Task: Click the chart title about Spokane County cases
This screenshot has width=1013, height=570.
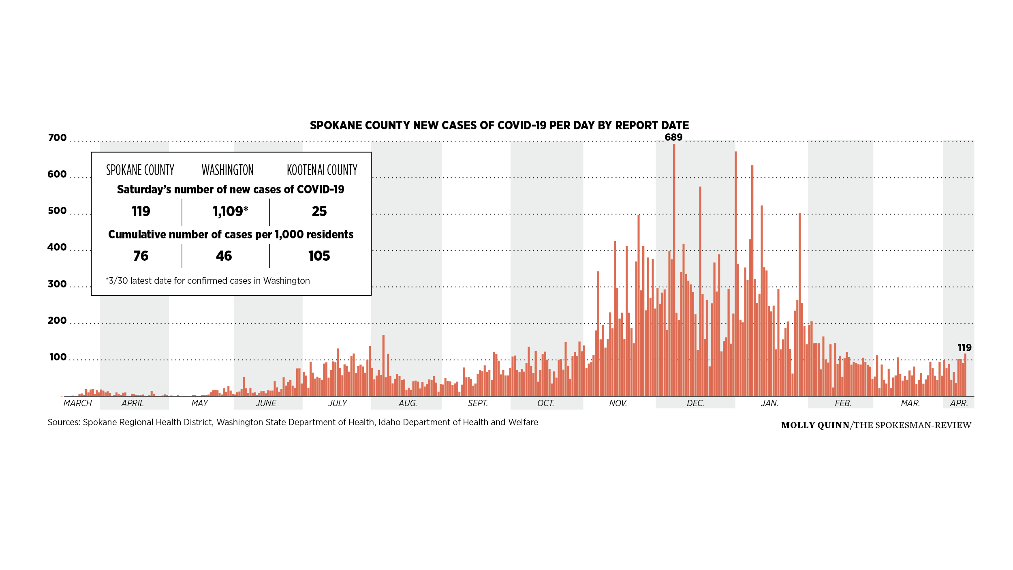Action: [499, 125]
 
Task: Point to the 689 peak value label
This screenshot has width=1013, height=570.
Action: [673, 137]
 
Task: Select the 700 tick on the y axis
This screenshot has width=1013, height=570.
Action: [57, 138]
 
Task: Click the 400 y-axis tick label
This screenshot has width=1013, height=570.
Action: [57, 247]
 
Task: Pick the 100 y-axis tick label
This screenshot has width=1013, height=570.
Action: [58, 357]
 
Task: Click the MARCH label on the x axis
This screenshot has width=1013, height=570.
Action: [78, 403]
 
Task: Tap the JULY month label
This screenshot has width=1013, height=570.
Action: [338, 403]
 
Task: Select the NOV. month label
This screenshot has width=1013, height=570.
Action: [618, 403]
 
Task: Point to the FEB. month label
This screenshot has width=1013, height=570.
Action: [843, 403]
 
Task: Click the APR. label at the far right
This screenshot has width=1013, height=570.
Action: [959, 403]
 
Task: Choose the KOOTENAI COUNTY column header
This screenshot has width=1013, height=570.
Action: [322, 170]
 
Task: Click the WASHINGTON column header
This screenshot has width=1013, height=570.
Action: [228, 170]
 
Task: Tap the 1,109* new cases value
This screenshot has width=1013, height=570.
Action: [230, 211]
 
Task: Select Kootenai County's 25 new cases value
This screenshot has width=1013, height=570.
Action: [319, 211]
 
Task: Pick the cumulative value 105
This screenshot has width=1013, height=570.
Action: [319, 256]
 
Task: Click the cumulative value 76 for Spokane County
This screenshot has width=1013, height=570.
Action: [141, 256]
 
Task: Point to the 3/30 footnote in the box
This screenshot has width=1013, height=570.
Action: [208, 281]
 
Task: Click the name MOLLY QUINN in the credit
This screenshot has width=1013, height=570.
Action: [815, 425]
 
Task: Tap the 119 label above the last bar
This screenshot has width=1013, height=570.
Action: [964, 348]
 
